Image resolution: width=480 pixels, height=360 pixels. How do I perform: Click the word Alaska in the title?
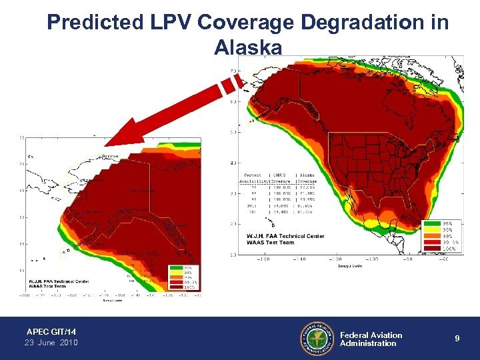coord(247,48)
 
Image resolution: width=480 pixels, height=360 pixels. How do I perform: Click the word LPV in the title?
coord(173,22)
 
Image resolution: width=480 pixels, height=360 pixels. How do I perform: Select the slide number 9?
coord(457,339)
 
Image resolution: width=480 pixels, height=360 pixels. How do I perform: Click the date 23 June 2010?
coord(51,343)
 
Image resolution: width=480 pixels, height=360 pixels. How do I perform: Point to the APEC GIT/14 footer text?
coord(51,331)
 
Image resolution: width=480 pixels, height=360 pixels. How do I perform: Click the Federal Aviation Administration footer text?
coord(371,339)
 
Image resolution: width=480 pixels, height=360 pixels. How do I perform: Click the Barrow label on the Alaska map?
coord(112,157)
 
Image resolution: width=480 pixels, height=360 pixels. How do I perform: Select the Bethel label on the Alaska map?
coord(93,212)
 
